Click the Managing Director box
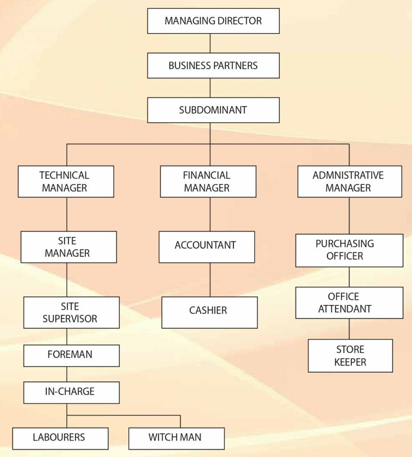coord(213,21)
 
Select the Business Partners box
coord(213,66)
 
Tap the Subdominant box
coord(213,110)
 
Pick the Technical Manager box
coord(66,182)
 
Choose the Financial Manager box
coord(208,182)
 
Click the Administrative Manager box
coord(349,182)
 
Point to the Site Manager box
coord(69,247)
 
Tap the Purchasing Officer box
coord(349,250)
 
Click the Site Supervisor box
coord(71,312)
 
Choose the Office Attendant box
coord(349,303)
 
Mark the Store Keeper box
coord(350,356)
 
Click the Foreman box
coord(71,355)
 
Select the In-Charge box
coord(71,392)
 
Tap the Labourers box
coord(60,438)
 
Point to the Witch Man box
coord(176,438)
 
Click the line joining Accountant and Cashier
coord(210,280)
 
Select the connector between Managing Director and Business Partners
coord(210,43)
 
